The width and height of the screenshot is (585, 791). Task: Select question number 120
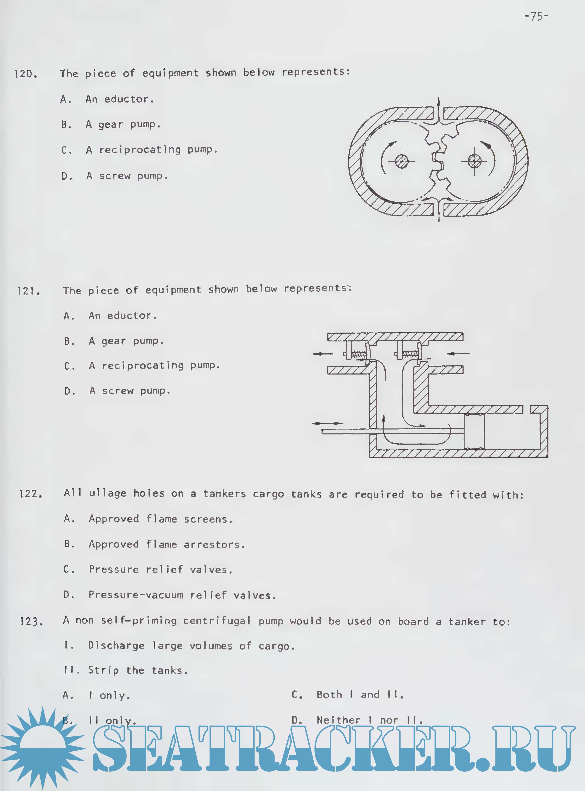coord(25,74)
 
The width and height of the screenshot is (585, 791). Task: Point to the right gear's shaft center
coord(474,162)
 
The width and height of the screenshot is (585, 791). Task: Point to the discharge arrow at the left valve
coord(323,353)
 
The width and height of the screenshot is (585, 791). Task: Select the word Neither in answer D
coord(339,720)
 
